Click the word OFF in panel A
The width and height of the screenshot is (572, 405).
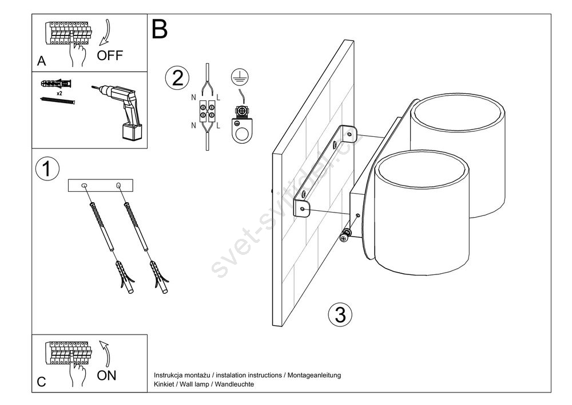coord(110,56)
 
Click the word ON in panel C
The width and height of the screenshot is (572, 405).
coord(106,375)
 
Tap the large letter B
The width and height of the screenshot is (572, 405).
coord(160,30)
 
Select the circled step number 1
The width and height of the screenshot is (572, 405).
coord(47,169)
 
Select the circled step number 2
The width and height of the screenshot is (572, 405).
coord(177,78)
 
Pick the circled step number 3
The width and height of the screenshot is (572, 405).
coord(340,314)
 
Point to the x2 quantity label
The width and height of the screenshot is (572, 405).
coord(59,93)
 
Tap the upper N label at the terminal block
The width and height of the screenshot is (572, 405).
coord(193,97)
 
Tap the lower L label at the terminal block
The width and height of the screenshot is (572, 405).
coord(218,125)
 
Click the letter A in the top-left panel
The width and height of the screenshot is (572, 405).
coord(42,61)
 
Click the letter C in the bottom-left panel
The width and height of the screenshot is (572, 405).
coord(42,382)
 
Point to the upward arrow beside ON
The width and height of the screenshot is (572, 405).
coord(106,353)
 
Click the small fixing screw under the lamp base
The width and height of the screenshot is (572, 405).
coord(345,236)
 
